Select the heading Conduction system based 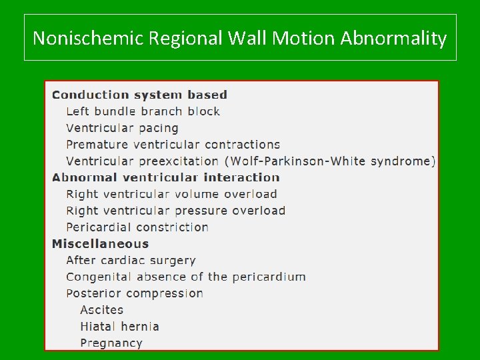139,95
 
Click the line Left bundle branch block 143,111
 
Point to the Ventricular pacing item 122,128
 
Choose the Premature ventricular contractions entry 173,145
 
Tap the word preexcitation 179,161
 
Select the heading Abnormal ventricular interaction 165,177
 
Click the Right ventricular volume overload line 171,194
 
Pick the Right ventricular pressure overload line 175,211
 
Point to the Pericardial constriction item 137,227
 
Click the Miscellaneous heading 100,244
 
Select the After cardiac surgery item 131,260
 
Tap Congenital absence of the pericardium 186,277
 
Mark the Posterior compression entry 135,293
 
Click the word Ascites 101,310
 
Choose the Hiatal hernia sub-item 119,327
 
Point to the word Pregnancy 111,343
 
